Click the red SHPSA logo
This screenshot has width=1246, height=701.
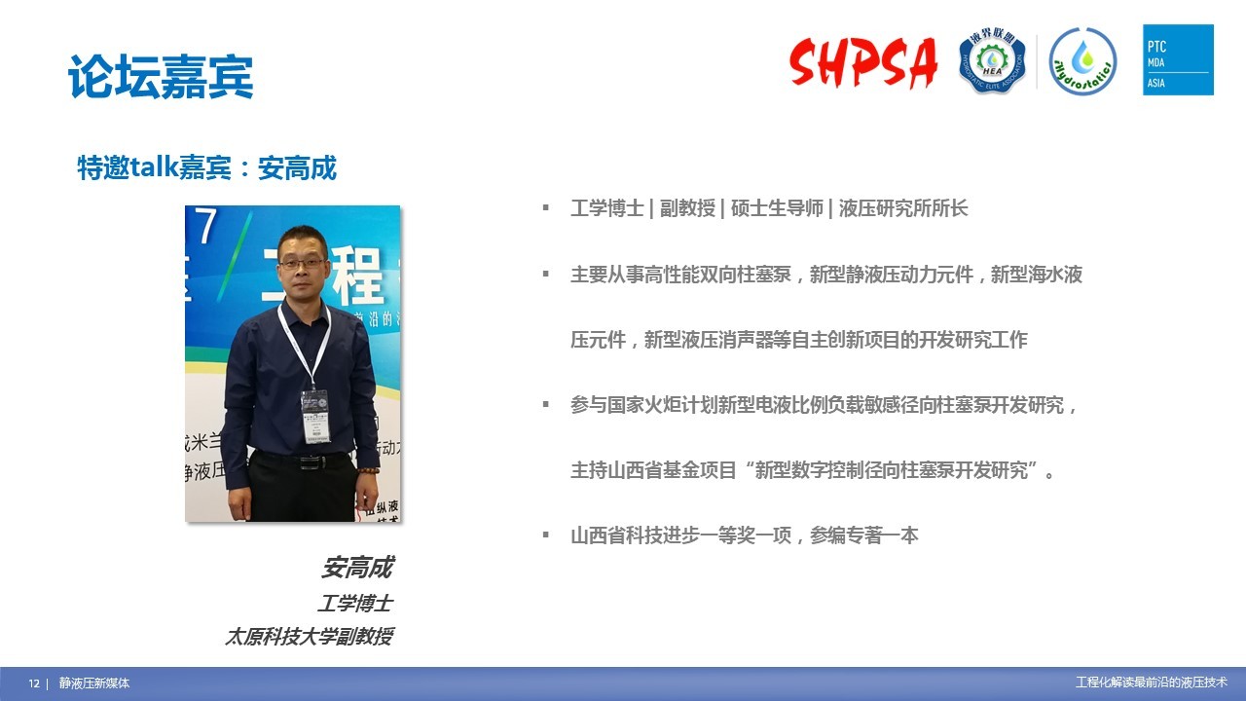click(x=863, y=61)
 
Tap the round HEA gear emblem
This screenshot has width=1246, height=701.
click(x=992, y=60)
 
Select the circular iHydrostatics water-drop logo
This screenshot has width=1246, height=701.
click(x=1082, y=61)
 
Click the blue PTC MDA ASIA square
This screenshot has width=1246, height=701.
click(x=1178, y=59)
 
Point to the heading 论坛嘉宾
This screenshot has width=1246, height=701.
click(x=161, y=77)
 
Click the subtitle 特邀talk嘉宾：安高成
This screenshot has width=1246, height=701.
click(x=207, y=167)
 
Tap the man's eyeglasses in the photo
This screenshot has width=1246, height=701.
click(x=302, y=264)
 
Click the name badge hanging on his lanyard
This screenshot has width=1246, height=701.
click(x=315, y=416)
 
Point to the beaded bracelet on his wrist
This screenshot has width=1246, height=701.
click(x=368, y=470)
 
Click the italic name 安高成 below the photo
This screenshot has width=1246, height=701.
click(x=357, y=568)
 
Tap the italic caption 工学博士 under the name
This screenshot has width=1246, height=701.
click(x=355, y=603)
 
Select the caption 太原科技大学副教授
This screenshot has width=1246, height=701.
click(x=310, y=637)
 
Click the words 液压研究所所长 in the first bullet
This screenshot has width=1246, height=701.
click(x=903, y=208)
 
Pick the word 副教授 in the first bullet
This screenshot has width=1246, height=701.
click(x=687, y=208)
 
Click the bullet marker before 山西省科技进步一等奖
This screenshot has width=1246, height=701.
click(x=546, y=535)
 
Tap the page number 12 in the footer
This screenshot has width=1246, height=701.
click(x=34, y=683)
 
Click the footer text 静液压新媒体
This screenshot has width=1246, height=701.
click(x=94, y=683)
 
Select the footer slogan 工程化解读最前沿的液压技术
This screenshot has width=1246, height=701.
click(x=1152, y=683)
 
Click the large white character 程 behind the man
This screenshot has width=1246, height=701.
click(x=356, y=276)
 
